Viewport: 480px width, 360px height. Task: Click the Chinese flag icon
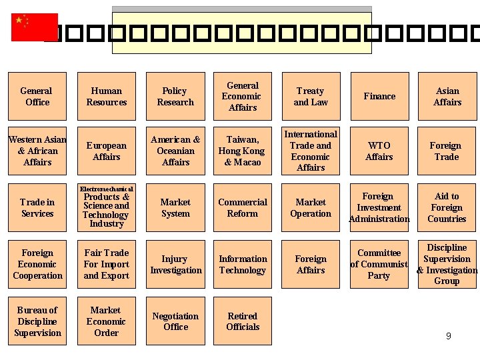tap(34, 27)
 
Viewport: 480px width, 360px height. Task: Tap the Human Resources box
tap(107, 96)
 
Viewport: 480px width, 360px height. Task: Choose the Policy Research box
tap(175, 96)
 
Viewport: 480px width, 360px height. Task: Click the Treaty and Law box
tap(311, 96)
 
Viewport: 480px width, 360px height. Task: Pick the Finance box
tap(379, 96)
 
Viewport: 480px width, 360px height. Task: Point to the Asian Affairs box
tap(447, 96)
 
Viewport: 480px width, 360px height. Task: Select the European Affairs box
tap(107, 151)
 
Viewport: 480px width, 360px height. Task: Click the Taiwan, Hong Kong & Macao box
tap(243, 151)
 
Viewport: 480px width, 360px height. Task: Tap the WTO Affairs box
tap(379, 151)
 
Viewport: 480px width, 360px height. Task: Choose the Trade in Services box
tap(37, 207)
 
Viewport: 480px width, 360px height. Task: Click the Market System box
tap(175, 207)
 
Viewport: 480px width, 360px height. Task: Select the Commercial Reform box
tap(243, 207)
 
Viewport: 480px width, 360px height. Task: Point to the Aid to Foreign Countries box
tap(447, 207)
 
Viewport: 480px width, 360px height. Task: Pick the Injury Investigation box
tap(175, 264)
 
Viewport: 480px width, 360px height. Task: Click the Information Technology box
tap(243, 264)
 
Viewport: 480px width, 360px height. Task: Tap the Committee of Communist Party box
tap(379, 264)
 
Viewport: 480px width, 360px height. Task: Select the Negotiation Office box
tap(175, 321)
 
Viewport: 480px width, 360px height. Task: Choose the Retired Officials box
tap(243, 321)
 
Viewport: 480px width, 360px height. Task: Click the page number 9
tap(449, 336)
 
